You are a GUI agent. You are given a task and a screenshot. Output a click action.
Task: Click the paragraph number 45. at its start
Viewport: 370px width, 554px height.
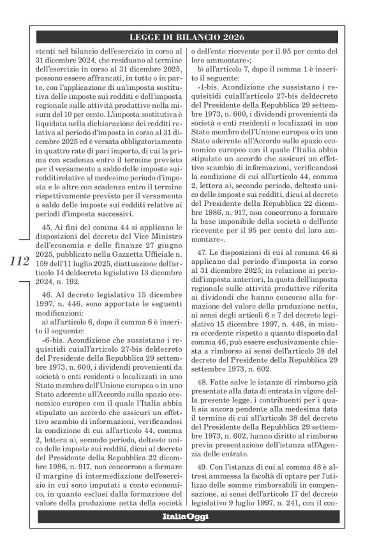pyautogui.click(x=47, y=227)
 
